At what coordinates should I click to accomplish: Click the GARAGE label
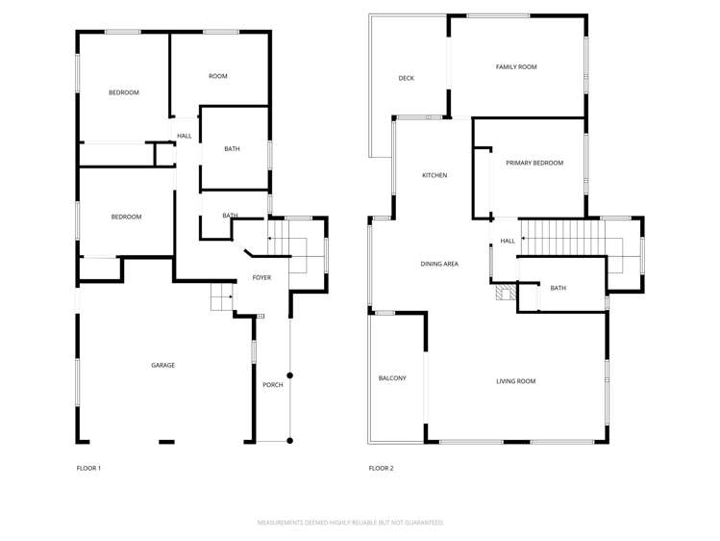pos(162,365)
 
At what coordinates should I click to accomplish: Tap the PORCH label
pos(273,385)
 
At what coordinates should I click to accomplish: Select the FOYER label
pos(261,277)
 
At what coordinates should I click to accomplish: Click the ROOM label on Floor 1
pos(218,76)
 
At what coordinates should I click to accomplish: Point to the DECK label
pos(406,78)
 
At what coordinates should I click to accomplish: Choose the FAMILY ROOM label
pos(516,67)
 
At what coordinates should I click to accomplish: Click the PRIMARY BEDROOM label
pos(534,163)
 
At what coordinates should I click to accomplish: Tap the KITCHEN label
pos(434,175)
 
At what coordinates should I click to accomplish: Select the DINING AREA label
pos(439,263)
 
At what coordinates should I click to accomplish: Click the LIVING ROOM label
pos(516,381)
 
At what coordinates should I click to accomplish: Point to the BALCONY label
pos(392,378)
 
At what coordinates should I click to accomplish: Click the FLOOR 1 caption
pos(88,469)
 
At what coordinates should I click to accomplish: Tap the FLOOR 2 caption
pos(381,469)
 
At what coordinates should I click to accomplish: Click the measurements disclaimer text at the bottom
pos(350,523)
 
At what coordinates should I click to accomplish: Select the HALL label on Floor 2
pos(508,241)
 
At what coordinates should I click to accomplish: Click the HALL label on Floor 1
pos(185,136)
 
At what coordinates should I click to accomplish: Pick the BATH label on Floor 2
pos(559,288)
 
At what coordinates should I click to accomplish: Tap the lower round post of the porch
pos(289,441)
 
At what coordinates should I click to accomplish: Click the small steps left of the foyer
pos(222,299)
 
